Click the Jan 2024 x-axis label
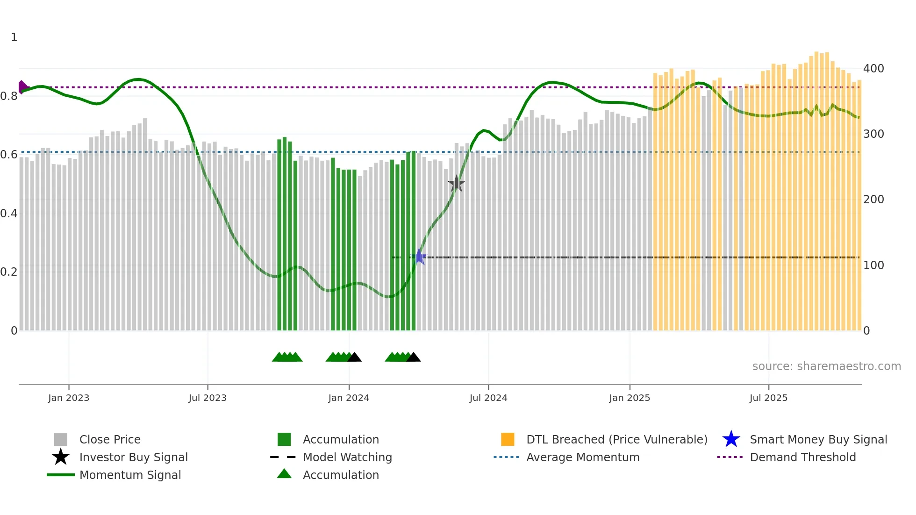click(349, 398)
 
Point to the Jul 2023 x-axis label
click(208, 398)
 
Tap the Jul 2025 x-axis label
click(768, 398)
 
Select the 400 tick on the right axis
click(873, 69)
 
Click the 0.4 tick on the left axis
click(9, 214)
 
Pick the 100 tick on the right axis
click(873, 265)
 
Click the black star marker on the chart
click(456, 184)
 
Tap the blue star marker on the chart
click(419, 257)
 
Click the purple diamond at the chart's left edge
click(22, 87)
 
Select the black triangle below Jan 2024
click(355, 358)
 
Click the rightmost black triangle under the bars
click(414, 358)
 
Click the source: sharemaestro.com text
click(826, 366)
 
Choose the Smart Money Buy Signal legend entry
click(818, 440)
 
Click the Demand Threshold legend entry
click(802, 458)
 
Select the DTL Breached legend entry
click(616, 440)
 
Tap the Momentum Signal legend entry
click(130, 475)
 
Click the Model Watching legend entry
click(347, 458)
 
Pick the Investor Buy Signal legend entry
click(133, 458)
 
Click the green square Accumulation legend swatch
click(284, 440)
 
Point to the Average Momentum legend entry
click(582, 458)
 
